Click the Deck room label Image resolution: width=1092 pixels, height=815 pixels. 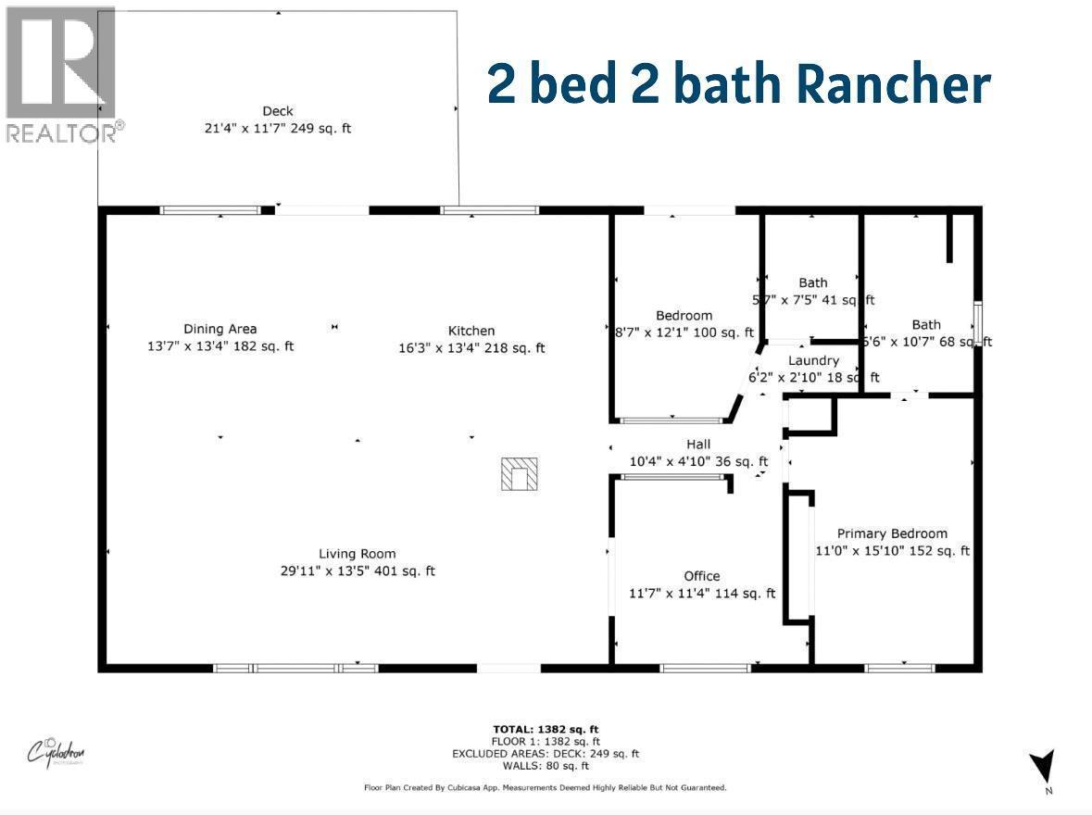[x=278, y=111]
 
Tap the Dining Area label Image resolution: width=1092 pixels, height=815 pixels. [x=220, y=329]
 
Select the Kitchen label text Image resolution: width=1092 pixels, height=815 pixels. [x=471, y=331]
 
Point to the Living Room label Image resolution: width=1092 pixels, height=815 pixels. [x=357, y=553]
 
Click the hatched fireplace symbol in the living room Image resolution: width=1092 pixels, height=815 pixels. [x=521, y=474]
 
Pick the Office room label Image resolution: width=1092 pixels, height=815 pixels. [x=701, y=576]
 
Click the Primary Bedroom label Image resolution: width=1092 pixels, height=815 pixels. [x=892, y=533]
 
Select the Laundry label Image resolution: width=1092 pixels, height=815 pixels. [x=814, y=360]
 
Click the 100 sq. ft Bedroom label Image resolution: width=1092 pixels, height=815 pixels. [x=684, y=316]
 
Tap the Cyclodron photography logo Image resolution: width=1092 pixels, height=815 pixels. [x=56, y=750]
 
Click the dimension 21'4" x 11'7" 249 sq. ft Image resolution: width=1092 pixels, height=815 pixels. [x=278, y=129]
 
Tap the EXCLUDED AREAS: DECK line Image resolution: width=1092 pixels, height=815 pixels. [x=546, y=754]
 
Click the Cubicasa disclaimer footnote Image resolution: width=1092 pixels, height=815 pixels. [x=546, y=788]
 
